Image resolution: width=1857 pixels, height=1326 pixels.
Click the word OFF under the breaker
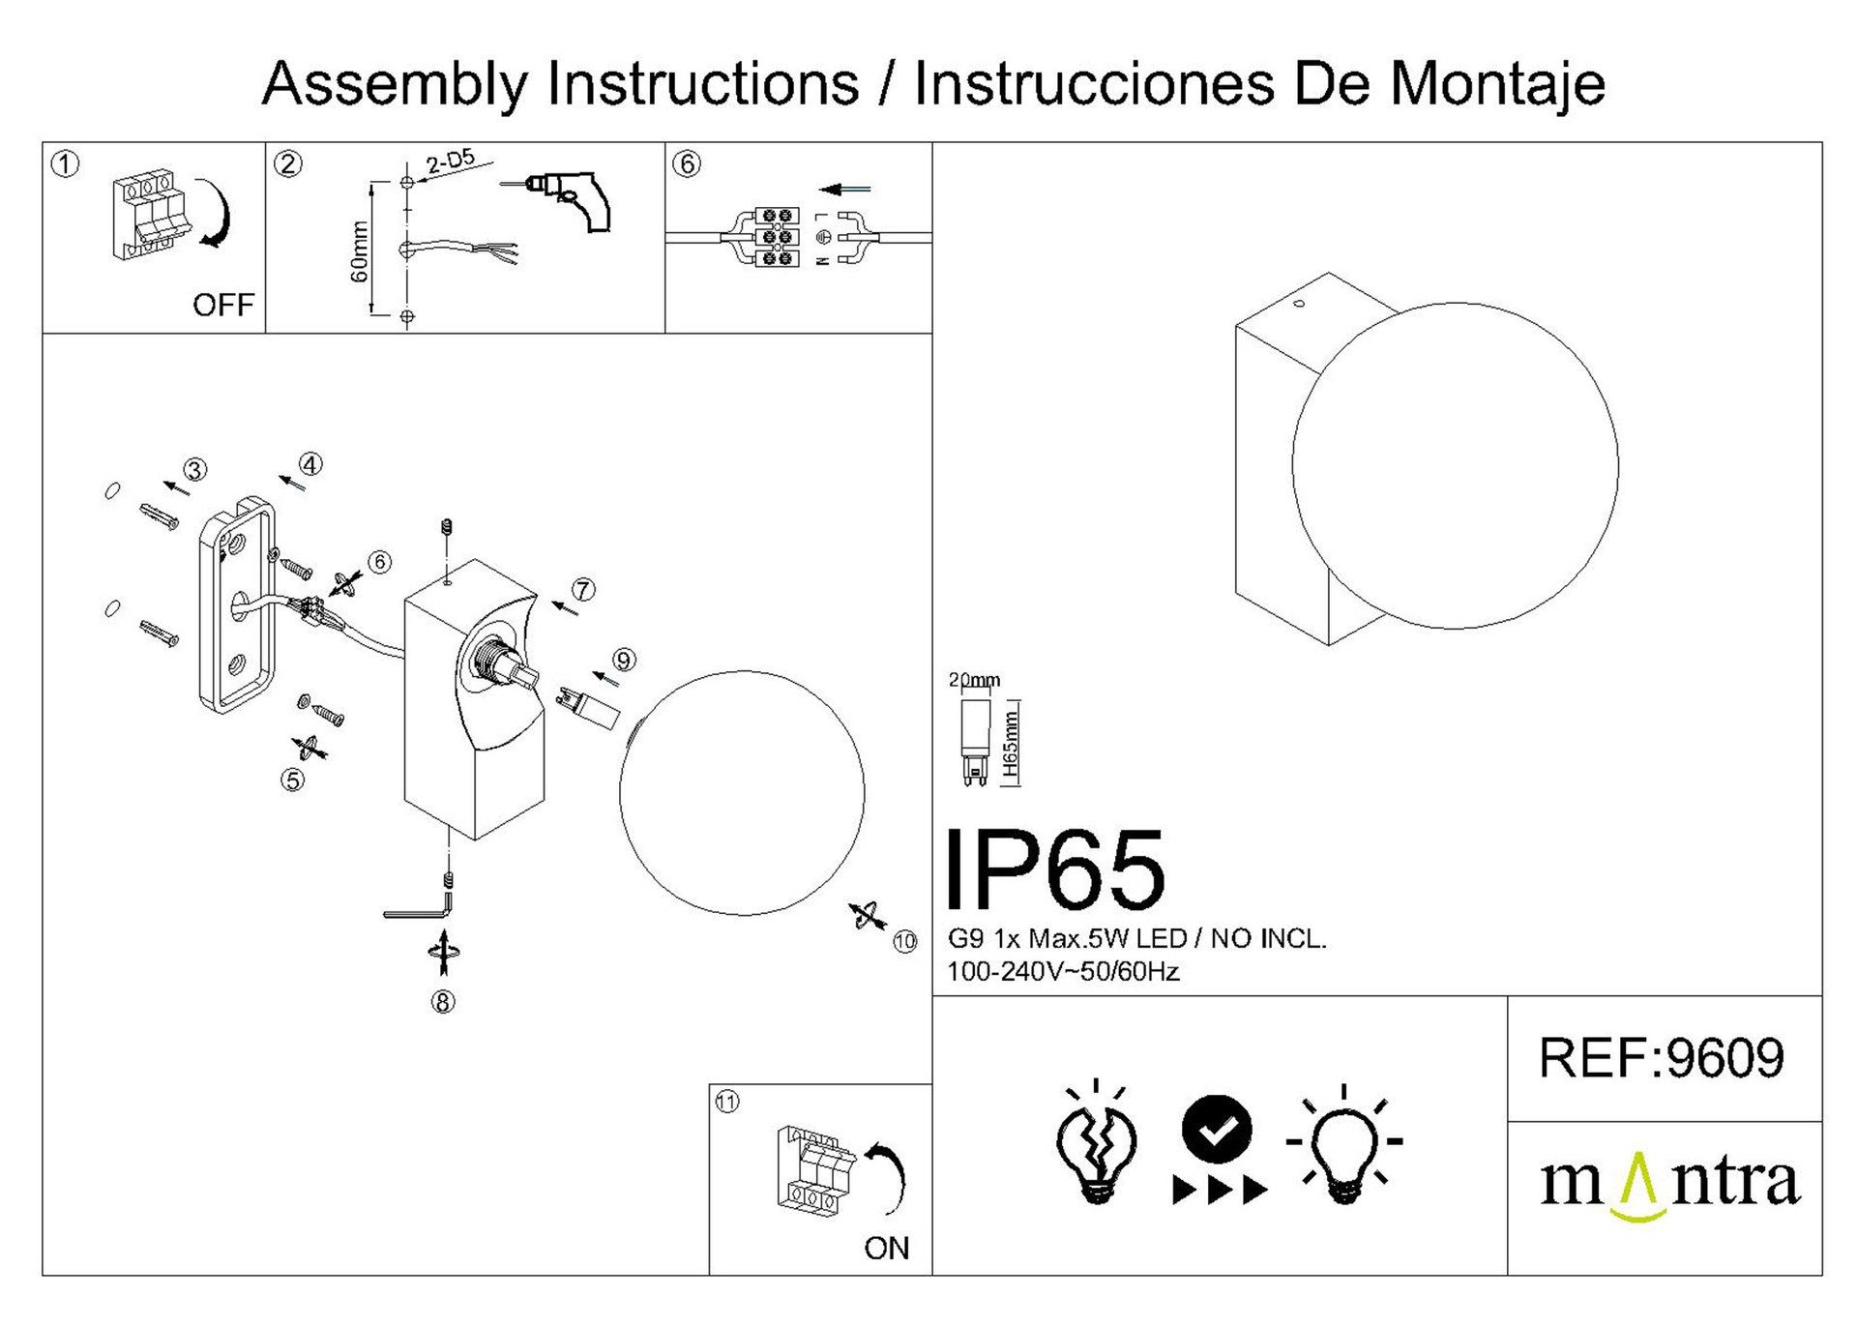coord(223,306)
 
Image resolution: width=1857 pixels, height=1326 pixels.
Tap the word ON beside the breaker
coord(887,1249)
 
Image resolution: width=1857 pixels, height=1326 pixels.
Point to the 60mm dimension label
coord(360,251)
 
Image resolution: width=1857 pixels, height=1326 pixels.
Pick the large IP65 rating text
coord(1056,869)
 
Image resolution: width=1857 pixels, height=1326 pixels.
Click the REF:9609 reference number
coord(1661,1057)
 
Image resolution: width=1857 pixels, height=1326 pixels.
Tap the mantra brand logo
coord(1670,1185)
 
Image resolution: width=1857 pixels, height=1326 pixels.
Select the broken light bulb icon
coord(1096,1141)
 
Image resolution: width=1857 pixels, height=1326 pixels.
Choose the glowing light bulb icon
coord(1344,1147)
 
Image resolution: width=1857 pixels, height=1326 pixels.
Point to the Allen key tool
coord(418,906)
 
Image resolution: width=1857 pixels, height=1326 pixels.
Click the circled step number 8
coord(443,1003)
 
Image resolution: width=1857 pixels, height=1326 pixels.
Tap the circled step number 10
coord(905,942)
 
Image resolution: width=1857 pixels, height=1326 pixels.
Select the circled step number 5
coord(292,780)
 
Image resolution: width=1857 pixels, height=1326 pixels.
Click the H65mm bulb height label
coord(1011,745)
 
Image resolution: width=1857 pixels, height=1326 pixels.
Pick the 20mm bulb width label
coord(975,680)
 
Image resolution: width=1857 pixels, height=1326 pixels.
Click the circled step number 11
coord(726,1102)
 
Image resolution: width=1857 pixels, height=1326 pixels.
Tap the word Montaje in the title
coord(1497,84)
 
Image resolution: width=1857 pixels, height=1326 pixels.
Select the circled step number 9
coord(624,661)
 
